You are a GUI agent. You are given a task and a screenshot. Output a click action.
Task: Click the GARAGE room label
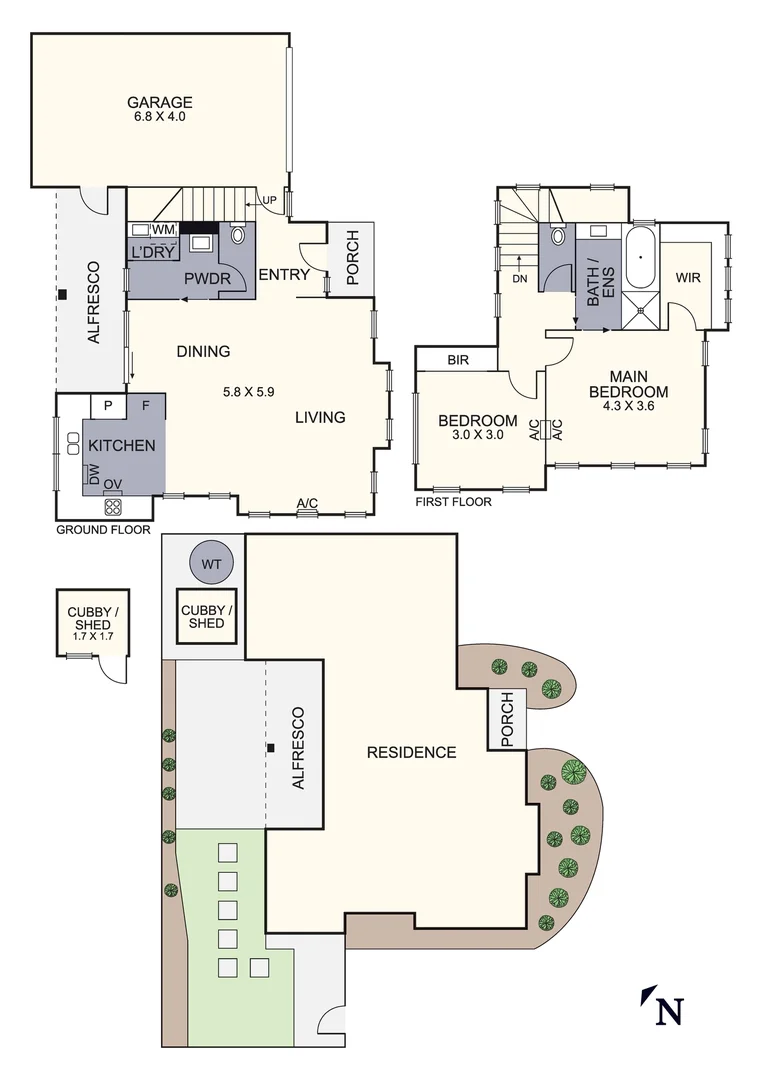(x=159, y=102)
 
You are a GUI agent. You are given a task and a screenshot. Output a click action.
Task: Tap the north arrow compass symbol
(x=662, y=1005)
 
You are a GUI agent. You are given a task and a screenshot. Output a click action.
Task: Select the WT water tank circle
(x=211, y=564)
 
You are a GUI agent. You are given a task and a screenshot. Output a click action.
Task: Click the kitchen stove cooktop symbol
(x=111, y=506)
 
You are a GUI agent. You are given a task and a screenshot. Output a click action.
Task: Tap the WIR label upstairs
(x=687, y=277)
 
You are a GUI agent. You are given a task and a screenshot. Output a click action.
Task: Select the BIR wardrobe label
(x=458, y=359)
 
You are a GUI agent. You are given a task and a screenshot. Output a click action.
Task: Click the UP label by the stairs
(x=268, y=200)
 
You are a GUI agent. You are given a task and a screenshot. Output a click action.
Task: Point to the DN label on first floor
(x=518, y=279)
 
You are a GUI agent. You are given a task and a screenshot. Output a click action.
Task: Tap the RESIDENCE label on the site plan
(x=411, y=752)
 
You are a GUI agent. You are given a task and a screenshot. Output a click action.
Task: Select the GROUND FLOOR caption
(x=103, y=530)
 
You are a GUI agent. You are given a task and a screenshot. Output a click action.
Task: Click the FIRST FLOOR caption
(x=453, y=502)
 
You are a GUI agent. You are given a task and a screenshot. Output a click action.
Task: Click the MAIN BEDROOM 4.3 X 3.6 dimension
(x=628, y=406)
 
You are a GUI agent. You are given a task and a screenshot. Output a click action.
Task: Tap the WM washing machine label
(x=164, y=230)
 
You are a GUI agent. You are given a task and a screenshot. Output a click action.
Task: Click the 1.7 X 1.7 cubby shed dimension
(x=91, y=636)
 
